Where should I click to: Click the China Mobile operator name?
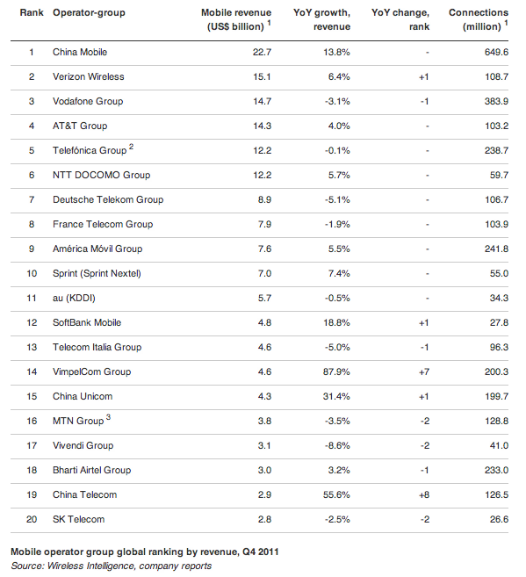coord(80,52)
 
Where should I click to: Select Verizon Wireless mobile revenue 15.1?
coord(262,76)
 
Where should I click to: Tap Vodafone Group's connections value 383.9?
coord(496,101)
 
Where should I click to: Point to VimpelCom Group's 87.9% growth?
coord(336,371)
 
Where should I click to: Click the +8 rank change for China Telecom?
coord(424,494)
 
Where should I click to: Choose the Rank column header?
coord(32,12)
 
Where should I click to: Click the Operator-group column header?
coord(89,13)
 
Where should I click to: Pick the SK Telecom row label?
coord(79,519)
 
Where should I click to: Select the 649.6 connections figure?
coord(496,52)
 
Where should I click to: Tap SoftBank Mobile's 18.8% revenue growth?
coord(336,322)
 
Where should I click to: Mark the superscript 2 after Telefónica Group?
coord(132,147)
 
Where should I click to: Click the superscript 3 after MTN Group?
coord(108,417)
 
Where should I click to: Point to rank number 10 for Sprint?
coord(32,273)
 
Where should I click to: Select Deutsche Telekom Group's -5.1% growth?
coord(337,199)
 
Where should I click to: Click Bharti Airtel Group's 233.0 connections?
coord(496,470)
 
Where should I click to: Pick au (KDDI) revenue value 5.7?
coord(264,298)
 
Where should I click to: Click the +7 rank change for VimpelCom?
coord(424,371)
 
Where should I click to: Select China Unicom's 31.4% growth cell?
coord(336,396)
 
